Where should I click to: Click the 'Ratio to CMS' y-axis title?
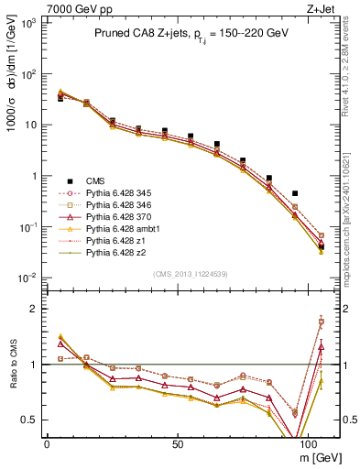[13, 366]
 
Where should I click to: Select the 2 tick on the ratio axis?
[34, 310]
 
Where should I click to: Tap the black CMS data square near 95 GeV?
[294, 194]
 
